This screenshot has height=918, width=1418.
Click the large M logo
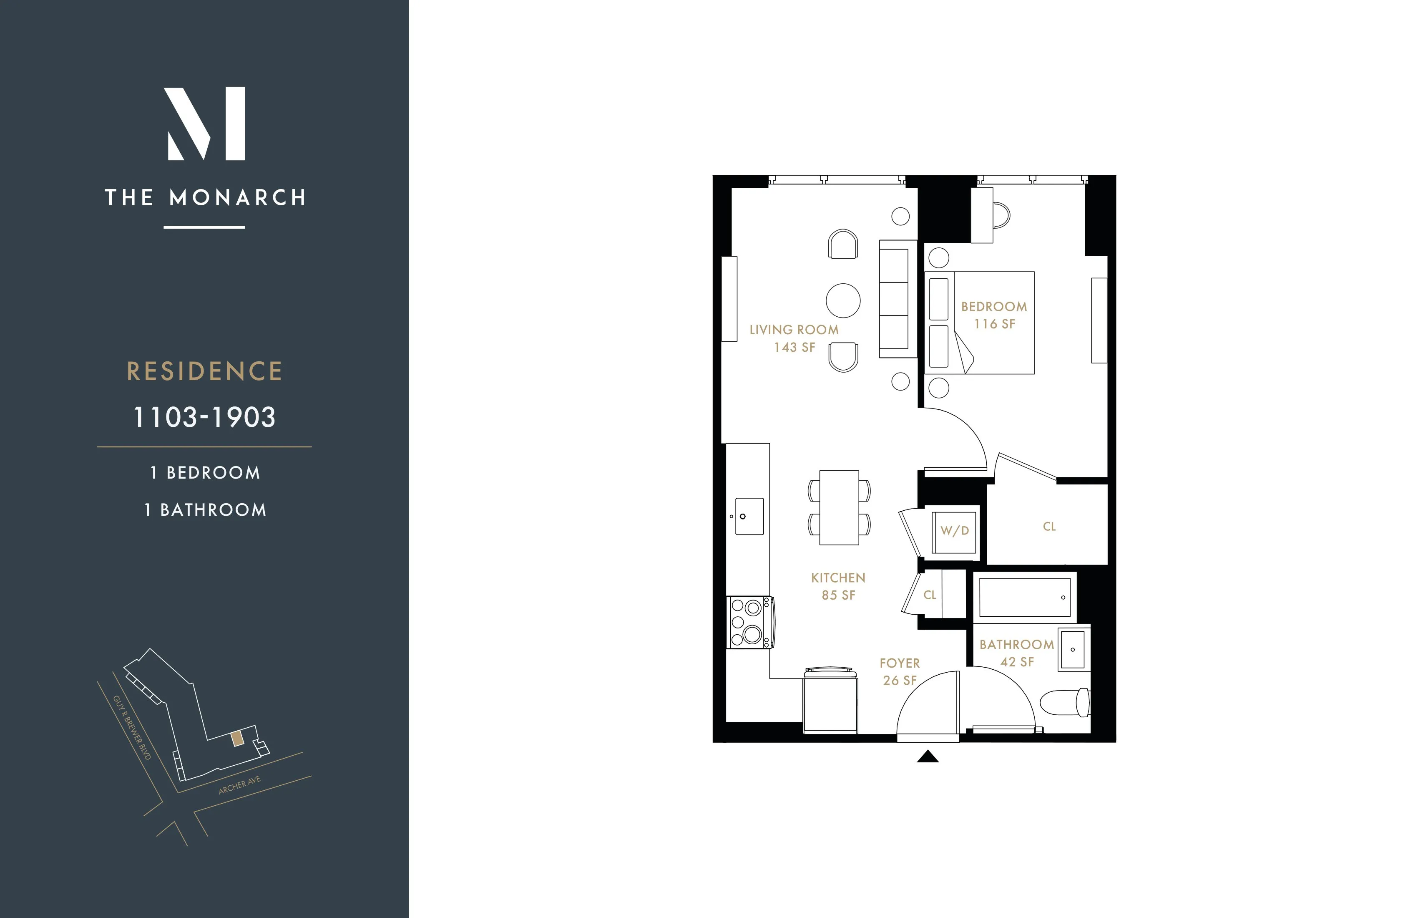[x=205, y=124]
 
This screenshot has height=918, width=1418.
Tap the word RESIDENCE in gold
[x=204, y=371]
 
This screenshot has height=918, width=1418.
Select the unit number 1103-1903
[x=204, y=417]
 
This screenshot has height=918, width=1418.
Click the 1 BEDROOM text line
[x=205, y=473]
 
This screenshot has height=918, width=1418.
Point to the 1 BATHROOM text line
[x=205, y=509]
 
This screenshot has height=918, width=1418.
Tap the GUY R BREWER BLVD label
[x=132, y=726]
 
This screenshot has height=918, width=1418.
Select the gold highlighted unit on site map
[x=237, y=739]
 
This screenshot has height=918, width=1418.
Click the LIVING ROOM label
[x=794, y=330]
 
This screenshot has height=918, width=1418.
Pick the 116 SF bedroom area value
[x=994, y=324]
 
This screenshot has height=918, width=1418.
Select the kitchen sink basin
[x=749, y=516]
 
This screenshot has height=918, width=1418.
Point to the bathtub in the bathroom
[x=1025, y=597]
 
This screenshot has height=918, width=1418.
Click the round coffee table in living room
[x=842, y=300]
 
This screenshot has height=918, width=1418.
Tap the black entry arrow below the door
[x=928, y=757]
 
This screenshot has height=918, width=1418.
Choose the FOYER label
[x=900, y=663]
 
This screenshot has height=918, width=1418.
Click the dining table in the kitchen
[x=839, y=507]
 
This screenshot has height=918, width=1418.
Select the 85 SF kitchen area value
[x=838, y=595]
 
